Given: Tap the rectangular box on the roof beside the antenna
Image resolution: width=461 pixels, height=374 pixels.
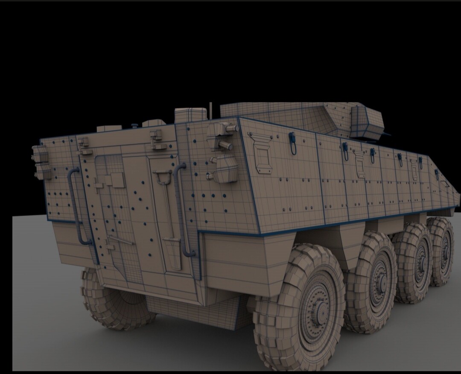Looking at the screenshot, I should pos(190,114).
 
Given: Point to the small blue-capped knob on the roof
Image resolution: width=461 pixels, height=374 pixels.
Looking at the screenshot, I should pos(135,125).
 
